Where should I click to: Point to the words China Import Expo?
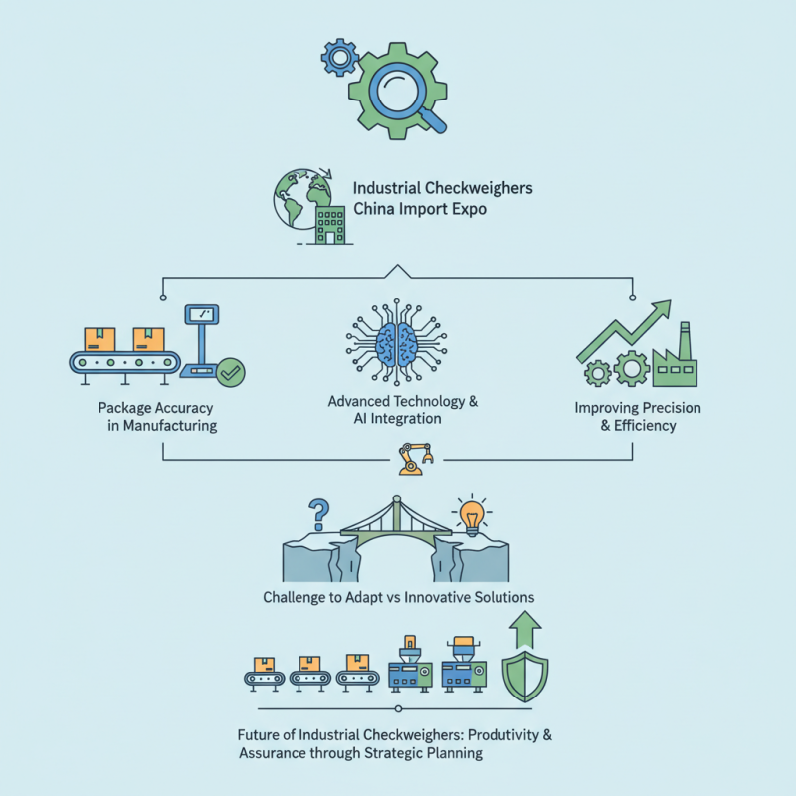[420, 211]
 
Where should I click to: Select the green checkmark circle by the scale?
[233, 374]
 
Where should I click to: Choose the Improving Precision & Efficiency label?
[637, 417]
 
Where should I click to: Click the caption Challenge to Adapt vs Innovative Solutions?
[399, 598]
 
